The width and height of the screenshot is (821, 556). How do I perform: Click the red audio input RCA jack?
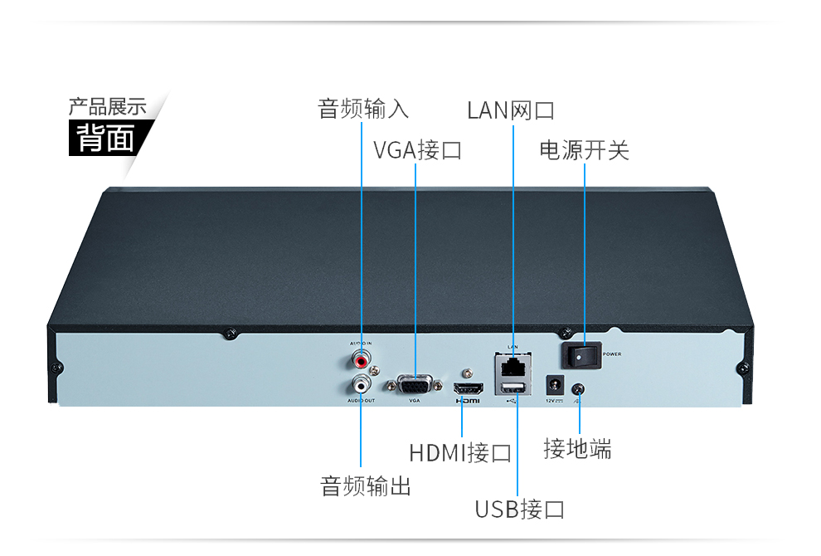click(361, 361)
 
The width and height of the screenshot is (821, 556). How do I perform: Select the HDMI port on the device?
click(469, 388)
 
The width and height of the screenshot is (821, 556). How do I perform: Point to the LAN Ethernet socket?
click(514, 364)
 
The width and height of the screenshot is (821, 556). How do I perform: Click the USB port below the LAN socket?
click(514, 388)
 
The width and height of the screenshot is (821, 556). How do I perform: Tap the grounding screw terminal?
click(578, 388)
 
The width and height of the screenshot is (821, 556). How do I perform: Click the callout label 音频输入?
click(363, 109)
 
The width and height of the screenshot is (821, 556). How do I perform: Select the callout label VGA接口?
click(417, 150)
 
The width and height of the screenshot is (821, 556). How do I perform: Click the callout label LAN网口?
click(510, 110)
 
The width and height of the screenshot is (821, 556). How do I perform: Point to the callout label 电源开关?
click(584, 150)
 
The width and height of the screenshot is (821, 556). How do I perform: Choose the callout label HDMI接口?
click(460, 453)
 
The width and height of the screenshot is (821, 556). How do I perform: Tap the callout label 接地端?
click(577, 449)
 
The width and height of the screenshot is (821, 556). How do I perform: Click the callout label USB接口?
click(519, 509)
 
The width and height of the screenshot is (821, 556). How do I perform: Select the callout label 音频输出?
click(366, 485)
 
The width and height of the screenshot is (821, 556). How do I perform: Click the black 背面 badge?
click(106, 138)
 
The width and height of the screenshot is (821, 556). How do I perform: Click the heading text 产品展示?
click(107, 106)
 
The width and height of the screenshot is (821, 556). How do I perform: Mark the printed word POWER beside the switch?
click(612, 354)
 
